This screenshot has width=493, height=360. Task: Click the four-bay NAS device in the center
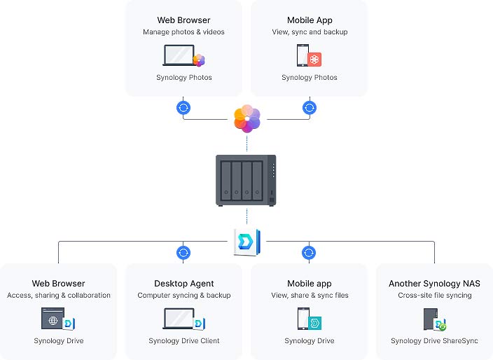click(x=246, y=180)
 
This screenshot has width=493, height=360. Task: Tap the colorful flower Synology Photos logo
click(x=246, y=118)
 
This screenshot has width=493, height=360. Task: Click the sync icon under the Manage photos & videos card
click(x=183, y=108)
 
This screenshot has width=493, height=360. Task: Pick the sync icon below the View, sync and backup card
click(x=309, y=108)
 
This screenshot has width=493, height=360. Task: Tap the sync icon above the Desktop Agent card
click(x=183, y=252)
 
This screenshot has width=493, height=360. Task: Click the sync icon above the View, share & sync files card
click(x=309, y=252)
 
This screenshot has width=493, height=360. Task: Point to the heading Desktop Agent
click(x=183, y=284)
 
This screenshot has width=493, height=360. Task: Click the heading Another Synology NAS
click(x=434, y=284)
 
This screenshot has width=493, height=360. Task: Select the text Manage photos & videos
click(x=183, y=32)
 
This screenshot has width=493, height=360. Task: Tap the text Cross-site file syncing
click(x=434, y=296)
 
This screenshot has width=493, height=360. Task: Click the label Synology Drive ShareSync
click(x=434, y=341)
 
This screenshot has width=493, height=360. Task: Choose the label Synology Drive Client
click(x=183, y=341)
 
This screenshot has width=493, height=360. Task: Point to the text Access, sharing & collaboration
click(x=59, y=296)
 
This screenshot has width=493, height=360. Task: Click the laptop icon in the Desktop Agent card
click(x=179, y=319)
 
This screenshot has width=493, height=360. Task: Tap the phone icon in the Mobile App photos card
click(x=303, y=55)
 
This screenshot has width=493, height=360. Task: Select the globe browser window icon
click(x=53, y=319)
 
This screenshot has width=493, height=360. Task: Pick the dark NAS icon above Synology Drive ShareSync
click(x=429, y=319)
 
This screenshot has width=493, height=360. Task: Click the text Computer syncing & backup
click(x=183, y=296)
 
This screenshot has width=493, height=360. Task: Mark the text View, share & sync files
click(x=309, y=296)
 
